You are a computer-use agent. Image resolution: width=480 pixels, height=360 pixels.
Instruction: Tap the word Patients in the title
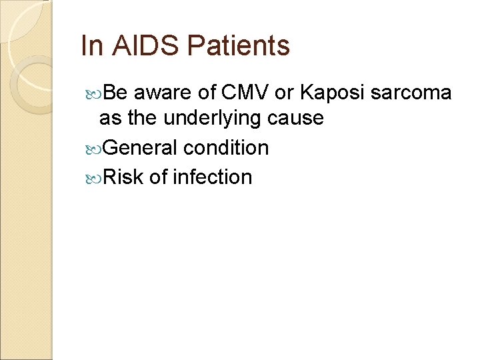coord(239,46)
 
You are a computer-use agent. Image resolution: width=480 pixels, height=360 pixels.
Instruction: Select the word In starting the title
coord(89,46)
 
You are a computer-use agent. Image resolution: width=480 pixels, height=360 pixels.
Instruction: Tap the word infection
coord(212,177)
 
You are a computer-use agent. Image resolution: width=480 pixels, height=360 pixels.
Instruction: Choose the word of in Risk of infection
coord(158,177)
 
